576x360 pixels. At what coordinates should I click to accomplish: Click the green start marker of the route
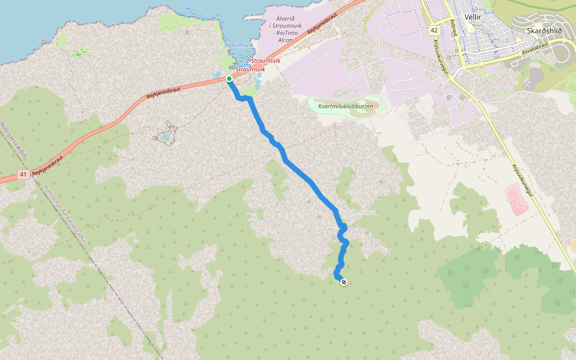[x=229, y=79]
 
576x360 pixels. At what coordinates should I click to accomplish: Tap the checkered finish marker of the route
[x=343, y=282]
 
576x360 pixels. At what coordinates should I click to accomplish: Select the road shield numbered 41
[x=23, y=175]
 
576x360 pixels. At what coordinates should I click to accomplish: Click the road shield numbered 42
[x=434, y=29]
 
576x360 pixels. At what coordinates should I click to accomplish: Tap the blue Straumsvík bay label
[x=238, y=45]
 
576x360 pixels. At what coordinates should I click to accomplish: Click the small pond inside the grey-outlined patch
[x=163, y=136]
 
